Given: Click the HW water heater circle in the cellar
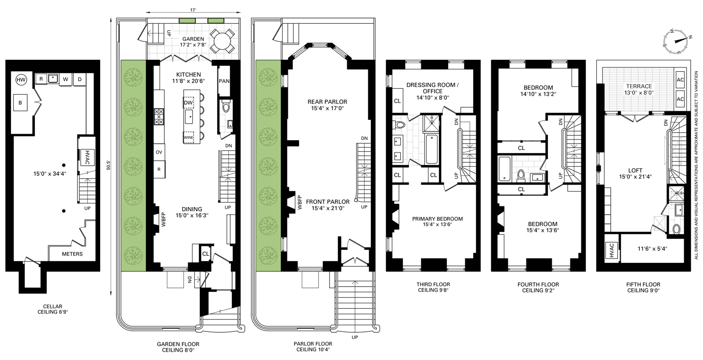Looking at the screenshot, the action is pyautogui.click(x=21, y=80).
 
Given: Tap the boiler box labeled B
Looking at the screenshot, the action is pyautogui.click(x=20, y=102).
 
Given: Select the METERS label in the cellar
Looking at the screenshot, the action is pyautogui.click(x=72, y=254).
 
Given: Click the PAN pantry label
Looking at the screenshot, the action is pyautogui.click(x=224, y=81).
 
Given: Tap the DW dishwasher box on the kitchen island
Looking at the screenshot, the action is pyautogui.click(x=188, y=102).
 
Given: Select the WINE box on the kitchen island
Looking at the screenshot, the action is pyautogui.click(x=188, y=137).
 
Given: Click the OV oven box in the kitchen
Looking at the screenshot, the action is pyautogui.click(x=159, y=152).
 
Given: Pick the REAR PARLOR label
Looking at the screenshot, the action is pyautogui.click(x=327, y=102).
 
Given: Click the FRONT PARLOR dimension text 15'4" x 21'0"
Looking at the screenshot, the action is pyautogui.click(x=328, y=208).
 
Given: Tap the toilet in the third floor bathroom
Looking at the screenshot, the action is pyautogui.click(x=399, y=124).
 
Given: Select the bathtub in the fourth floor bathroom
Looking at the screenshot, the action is pyautogui.click(x=505, y=169).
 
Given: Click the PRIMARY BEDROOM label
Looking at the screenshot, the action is pyautogui.click(x=438, y=219).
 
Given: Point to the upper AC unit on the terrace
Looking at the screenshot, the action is pyautogui.click(x=680, y=80).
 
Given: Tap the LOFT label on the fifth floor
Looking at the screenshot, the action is pyautogui.click(x=635, y=171).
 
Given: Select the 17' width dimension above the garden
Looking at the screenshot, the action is pyautogui.click(x=193, y=10).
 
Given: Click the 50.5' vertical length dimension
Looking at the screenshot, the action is pyautogui.click(x=108, y=165).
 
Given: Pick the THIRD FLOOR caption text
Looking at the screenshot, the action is pyautogui.click(x=433, y=284).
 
